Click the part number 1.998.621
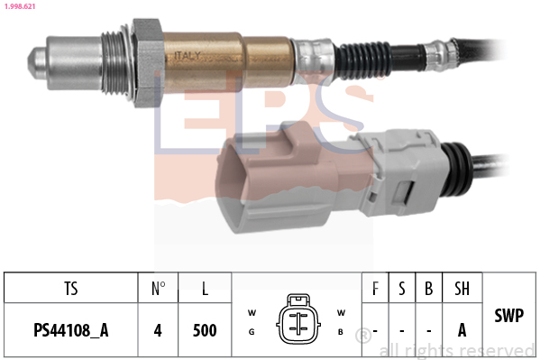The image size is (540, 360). tap(20, 6)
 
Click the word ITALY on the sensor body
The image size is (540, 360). tap(187, 56)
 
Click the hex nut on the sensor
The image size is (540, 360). tap(148, 62)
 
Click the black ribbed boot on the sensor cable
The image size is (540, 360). tap(363, 61)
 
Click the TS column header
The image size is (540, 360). tap(71, 289)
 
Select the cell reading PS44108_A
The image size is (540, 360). tap(71, 330)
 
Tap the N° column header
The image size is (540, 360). tap(158, 289)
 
